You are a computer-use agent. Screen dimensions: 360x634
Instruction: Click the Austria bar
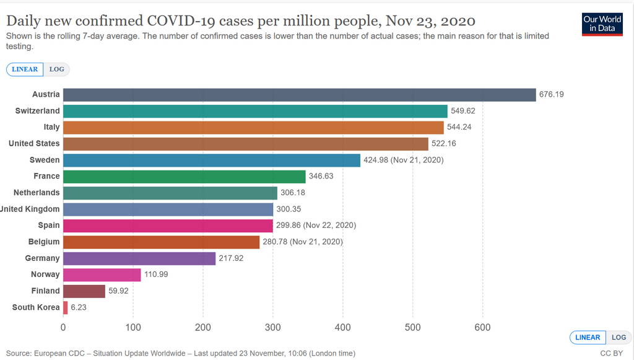299,95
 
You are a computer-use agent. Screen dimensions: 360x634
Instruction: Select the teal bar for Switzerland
255,111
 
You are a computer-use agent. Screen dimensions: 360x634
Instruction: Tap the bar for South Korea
66,307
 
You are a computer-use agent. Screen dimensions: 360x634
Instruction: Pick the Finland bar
84,291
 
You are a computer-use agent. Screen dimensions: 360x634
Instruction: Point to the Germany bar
139,258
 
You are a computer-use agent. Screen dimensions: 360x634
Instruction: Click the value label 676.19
552,95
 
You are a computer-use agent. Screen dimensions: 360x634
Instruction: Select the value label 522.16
444,144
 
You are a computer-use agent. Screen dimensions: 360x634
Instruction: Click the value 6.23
80,307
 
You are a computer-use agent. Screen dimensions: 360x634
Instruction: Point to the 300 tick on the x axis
273,328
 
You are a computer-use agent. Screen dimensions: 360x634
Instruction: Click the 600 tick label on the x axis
482,328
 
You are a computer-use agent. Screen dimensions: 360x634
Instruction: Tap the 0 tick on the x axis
63,328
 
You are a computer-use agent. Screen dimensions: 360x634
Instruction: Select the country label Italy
52,127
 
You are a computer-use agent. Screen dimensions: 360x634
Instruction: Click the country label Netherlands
37,193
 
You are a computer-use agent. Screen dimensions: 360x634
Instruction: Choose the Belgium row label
44,242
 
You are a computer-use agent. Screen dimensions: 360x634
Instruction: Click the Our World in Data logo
602,24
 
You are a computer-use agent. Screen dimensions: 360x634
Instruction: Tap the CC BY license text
612,353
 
